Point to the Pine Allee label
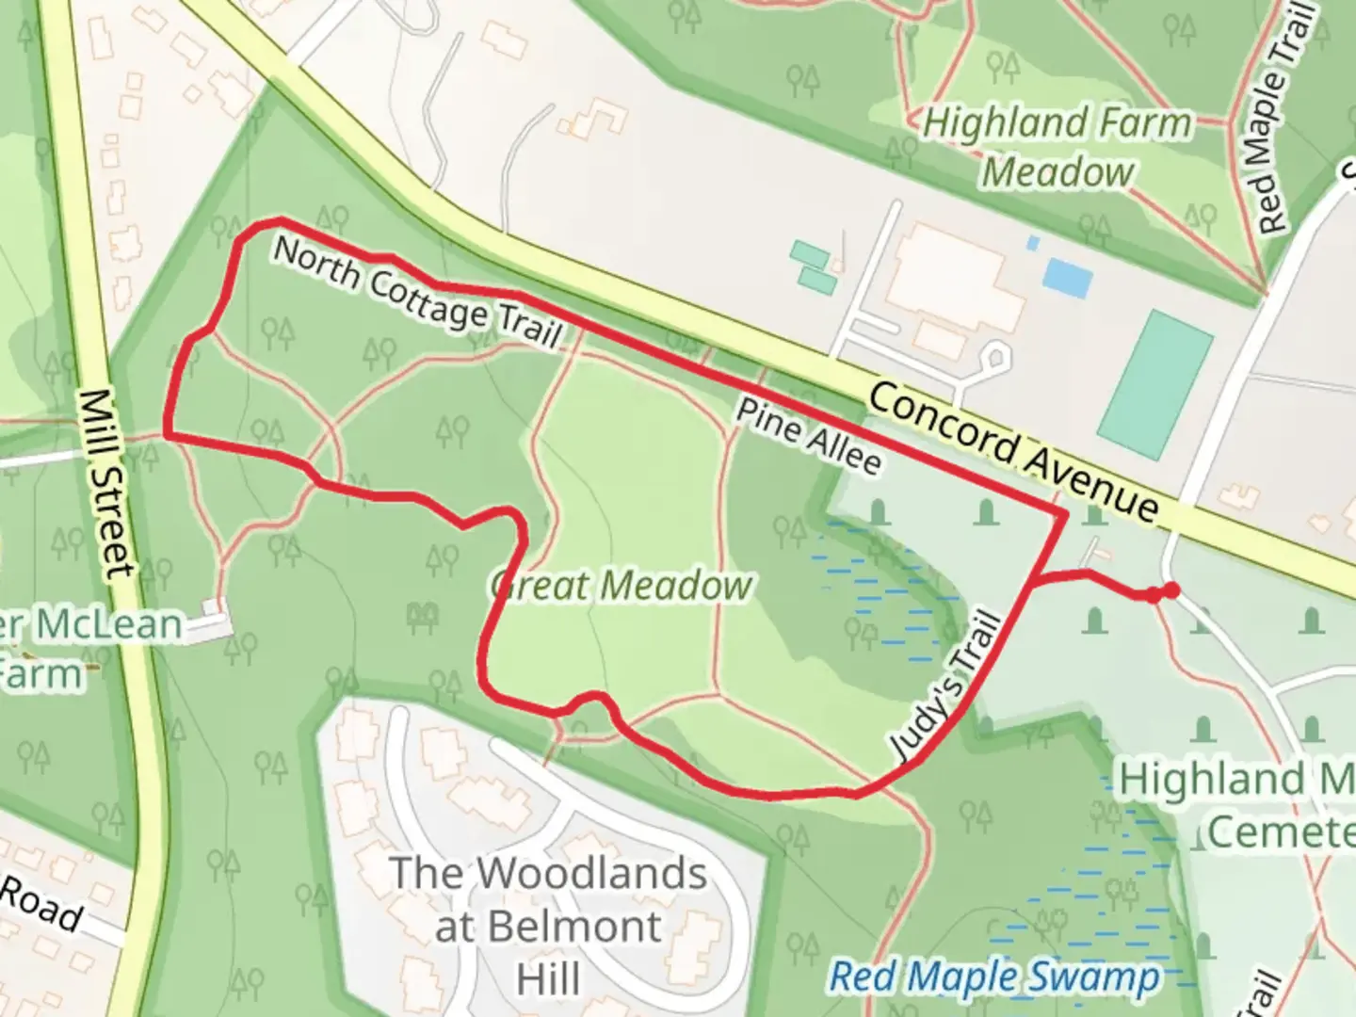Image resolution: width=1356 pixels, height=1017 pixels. pyautogui.click(x=809, y=436)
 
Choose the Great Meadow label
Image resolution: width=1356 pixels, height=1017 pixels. pyautogui.click(x=621, y=586)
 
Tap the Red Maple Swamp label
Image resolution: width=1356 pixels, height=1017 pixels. pyautogui.click(x=994, y=977)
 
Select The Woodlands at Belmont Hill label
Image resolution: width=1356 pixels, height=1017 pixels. pyautogui.click(x=548, y=926)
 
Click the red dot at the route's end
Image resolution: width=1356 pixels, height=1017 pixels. pyautogui.click(x=1170, y=590)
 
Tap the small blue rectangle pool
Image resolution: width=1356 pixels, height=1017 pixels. pyautogui.click(x=1067, y=277)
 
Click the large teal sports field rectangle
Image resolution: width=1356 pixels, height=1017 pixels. pyautogui.click(x=1154, y=384)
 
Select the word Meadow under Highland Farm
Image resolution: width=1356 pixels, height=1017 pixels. pyautogui.click(x=1057, y=172)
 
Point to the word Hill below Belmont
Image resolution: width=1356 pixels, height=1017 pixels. pyautogui.click(x=548, y=979)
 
